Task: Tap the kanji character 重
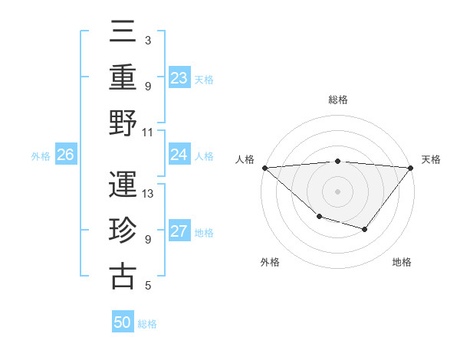(123, 77)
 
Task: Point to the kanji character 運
(123, 185)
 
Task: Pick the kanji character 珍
(123, 229)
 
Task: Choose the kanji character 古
(123, 275)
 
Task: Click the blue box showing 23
(179, 77)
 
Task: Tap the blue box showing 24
(179, 155)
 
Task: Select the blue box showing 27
(179, 232)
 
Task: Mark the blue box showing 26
(65, 155)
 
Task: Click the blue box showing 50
(123, 322)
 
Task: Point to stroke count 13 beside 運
(149, 194)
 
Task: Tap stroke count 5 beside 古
(147, 286)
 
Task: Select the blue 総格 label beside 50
(147, 324)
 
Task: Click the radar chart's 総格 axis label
(337, 100)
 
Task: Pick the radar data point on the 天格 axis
(412, 168)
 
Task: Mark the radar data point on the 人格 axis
(264, 168)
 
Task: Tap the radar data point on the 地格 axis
(365, 229)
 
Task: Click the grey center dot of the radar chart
(337, 191)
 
